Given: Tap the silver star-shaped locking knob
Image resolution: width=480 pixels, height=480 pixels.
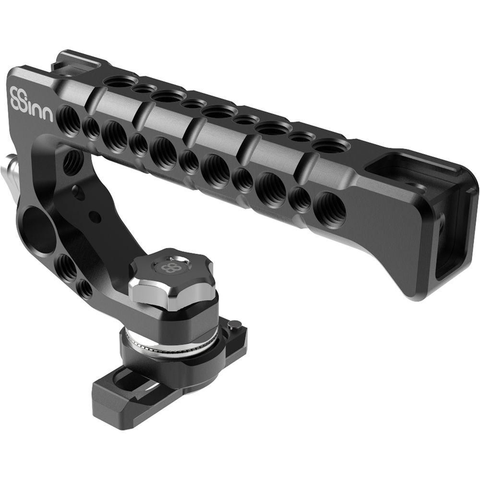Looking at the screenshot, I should (x=171, y=278).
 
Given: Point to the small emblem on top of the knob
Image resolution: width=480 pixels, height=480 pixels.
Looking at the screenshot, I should (x=169, y=267).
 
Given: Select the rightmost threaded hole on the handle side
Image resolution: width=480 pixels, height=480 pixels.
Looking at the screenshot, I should (x=330, y=210).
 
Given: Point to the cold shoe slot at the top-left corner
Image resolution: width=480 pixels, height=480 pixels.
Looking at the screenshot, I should (x=79, y=63).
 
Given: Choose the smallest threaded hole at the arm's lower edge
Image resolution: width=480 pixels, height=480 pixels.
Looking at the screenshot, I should (x=85, y=288).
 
